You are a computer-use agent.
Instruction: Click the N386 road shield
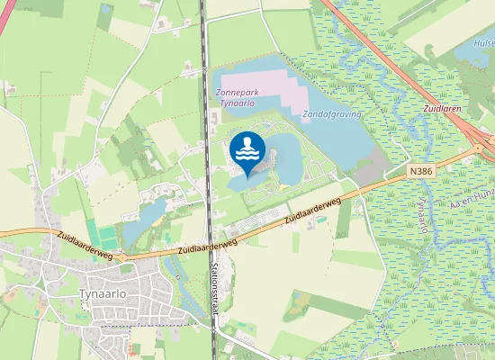coord(420,169)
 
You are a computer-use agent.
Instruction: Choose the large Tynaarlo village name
coord(104,295)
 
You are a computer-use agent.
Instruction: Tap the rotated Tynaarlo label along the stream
coord(421,217)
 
